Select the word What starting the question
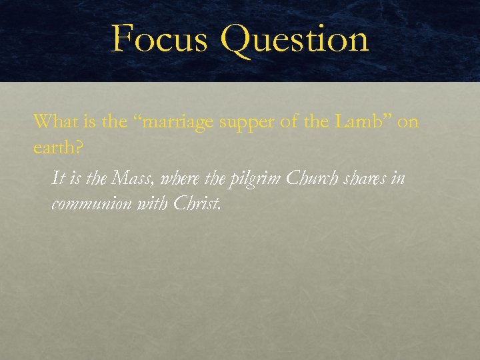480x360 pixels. pyautogui.click(x=51, y=121)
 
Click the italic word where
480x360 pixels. pyautogui.click(x=178, y=179)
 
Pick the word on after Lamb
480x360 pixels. pyautogui.click(x=408, y=123)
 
